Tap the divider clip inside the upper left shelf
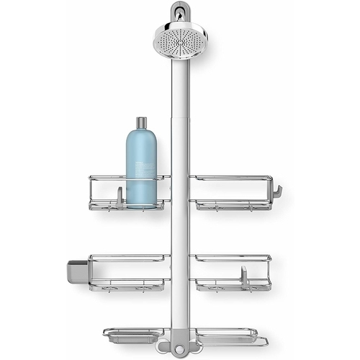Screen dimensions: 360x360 (118, 195)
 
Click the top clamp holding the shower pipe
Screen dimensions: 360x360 (178, 12)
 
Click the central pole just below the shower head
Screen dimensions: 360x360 (178, 79)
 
